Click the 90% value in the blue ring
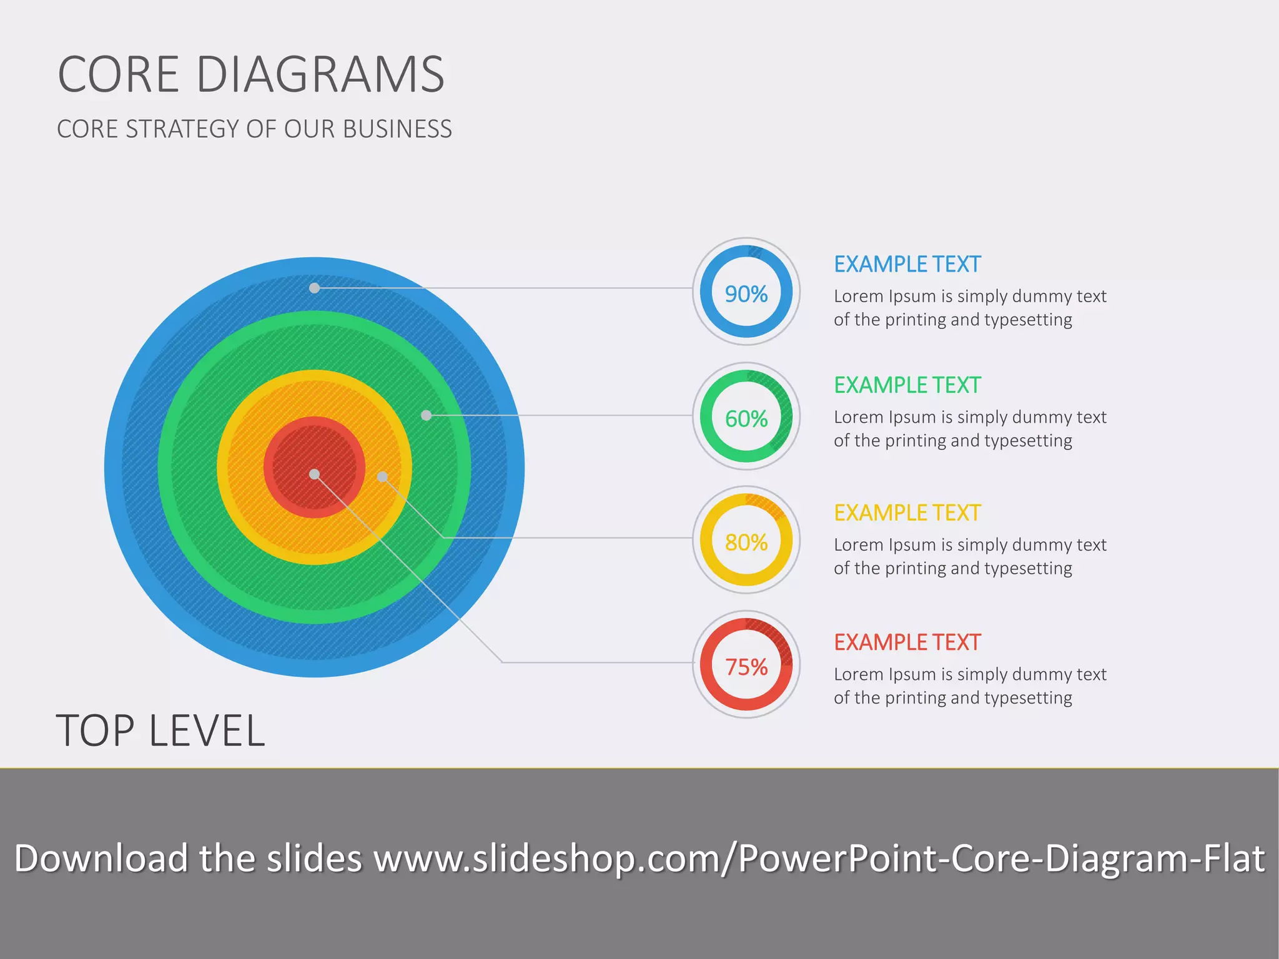(x=746, y=293)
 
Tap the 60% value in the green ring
(x=746, y=418)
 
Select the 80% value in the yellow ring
(x=746, y=542)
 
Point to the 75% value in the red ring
(x=746, y=667)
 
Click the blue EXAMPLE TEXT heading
(x=907, y=264)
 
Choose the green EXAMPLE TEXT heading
(x=907, y=385)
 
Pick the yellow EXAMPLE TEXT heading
(x=907, y=513)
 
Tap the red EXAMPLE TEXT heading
(x=907, y=642)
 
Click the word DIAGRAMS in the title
(x=320, y=74)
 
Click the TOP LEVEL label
(x=160, y=730)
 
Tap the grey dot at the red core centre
(x=315, y=475)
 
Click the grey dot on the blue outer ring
(x=315, y=288)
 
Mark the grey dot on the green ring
(x=426, y=415)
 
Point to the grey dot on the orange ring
(x=382, y=477)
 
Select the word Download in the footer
(x=101, y=858)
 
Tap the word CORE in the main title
(x=119, y=74)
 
